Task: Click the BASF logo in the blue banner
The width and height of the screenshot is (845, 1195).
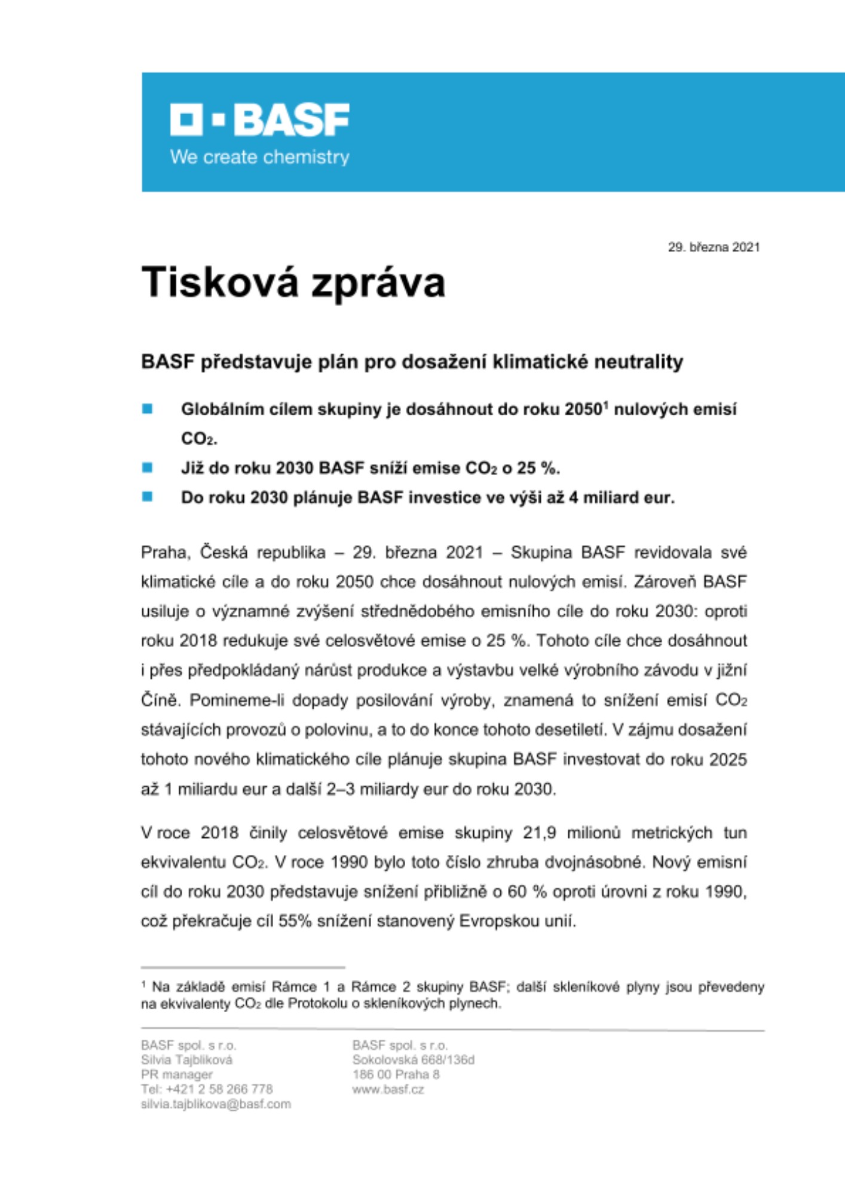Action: click(259, 119)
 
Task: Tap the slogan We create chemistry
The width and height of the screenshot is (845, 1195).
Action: click(259, 157)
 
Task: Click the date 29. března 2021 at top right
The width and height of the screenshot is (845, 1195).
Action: click(714, 247)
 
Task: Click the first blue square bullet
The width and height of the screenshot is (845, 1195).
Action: click(147, 409)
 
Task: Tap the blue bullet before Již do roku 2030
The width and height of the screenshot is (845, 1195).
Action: click(147, 467)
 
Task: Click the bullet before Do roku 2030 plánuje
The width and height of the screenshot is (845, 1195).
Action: click(147, 497)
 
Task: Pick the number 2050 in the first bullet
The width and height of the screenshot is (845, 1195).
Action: click(583, 410)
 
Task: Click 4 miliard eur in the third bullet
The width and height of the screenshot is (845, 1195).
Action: click(621, 498)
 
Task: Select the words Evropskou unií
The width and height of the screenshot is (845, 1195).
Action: click(517, 921)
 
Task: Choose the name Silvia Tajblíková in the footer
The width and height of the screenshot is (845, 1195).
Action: click(186, 1060)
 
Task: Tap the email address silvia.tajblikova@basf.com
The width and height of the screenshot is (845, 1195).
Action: click(216, 1104)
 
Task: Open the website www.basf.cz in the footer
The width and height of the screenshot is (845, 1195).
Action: click(388, 1089)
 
